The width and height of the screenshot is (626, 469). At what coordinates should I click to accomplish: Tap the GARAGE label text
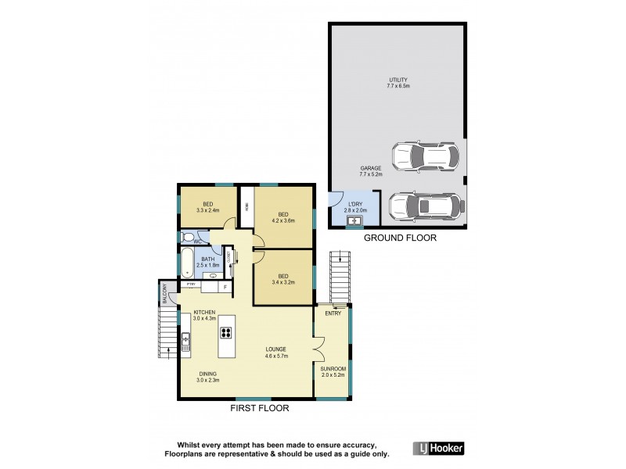click(x=371, y=168)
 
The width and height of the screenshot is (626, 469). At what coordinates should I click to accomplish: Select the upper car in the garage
click(x=423, y=156)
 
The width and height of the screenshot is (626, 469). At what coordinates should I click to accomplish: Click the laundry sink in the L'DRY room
click(x=354, y=221)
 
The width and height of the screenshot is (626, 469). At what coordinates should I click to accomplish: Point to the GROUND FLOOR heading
click(x=400, y=238)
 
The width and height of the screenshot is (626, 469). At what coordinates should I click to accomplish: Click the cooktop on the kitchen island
click(x=227, y=332)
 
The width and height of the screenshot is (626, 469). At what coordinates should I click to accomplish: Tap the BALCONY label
click(x=164, y=294)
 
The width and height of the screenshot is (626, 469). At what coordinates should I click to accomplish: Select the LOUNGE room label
click(x=275, y=349)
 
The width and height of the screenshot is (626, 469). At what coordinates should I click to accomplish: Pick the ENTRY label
click(x=333, y=313)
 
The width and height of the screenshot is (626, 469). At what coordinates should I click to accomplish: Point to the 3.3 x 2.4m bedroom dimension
click(x=207, y=210)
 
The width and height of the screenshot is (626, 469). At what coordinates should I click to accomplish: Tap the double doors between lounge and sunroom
click(x=317, y=349)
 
